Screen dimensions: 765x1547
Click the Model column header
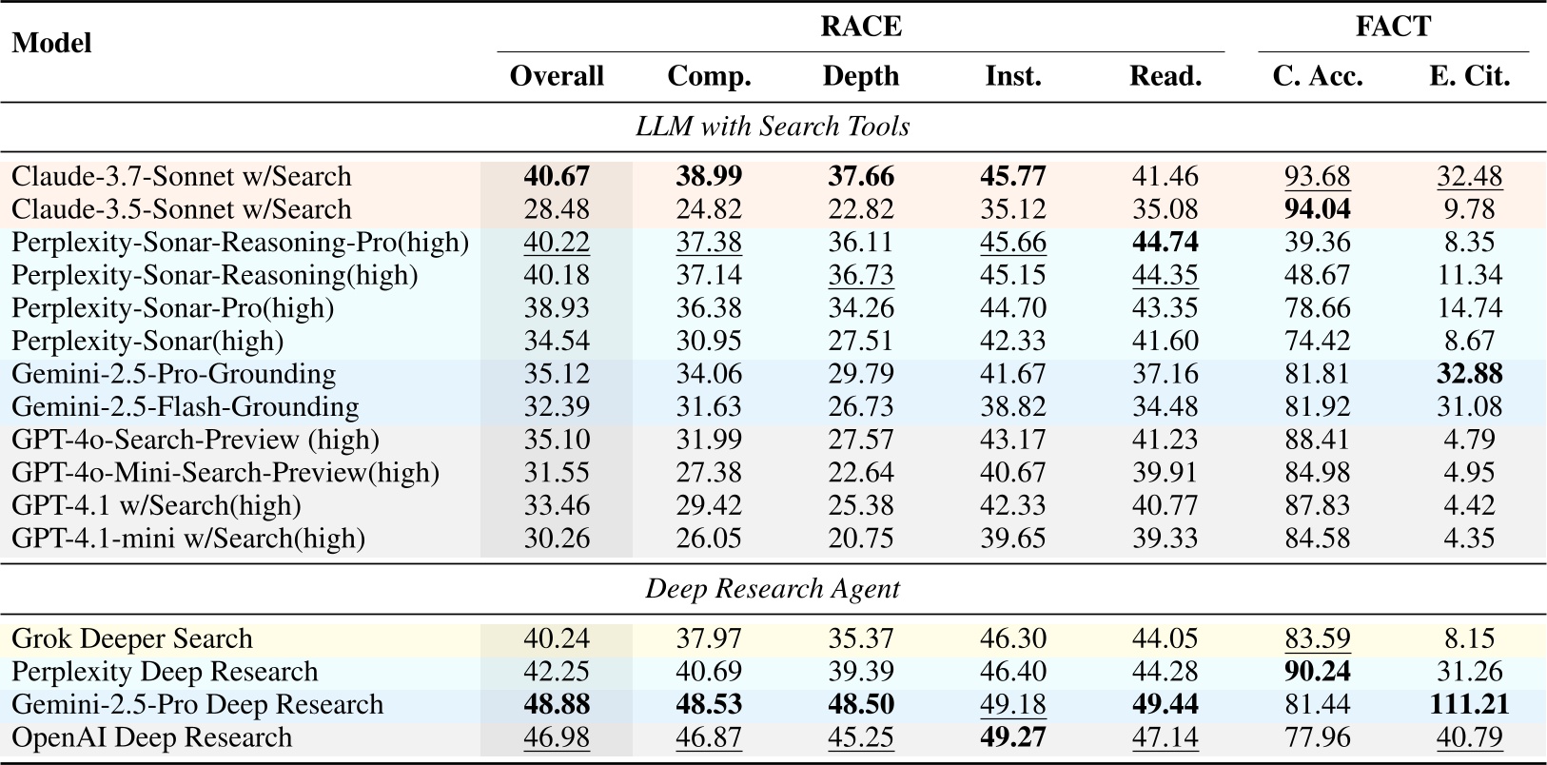(51, 44)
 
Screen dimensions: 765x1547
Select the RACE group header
(860, 26)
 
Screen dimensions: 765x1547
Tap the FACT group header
(1392, 26)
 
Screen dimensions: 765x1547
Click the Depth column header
(860, 76)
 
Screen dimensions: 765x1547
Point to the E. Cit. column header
(1469, 76)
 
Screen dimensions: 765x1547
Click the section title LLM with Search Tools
(773, 127)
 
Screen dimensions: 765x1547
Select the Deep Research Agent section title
(773, 589)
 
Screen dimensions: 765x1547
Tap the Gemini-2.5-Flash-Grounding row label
(186, 407)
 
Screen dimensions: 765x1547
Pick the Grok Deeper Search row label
(132, 638)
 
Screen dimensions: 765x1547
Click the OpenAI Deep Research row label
(152, 737)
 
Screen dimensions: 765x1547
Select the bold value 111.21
(1469, 705)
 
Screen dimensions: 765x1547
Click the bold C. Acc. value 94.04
(1317, 209)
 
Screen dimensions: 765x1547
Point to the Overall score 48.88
(557, 705)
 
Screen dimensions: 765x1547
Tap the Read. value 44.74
(1165, 243)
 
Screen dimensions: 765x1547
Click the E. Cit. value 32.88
(1469, 374)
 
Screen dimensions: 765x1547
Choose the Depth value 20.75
(860, 539)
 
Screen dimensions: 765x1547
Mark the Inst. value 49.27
(1012, 737)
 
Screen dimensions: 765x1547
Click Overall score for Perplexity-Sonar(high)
(557, 341)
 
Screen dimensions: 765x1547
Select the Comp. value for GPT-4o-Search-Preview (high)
(709, 440)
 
